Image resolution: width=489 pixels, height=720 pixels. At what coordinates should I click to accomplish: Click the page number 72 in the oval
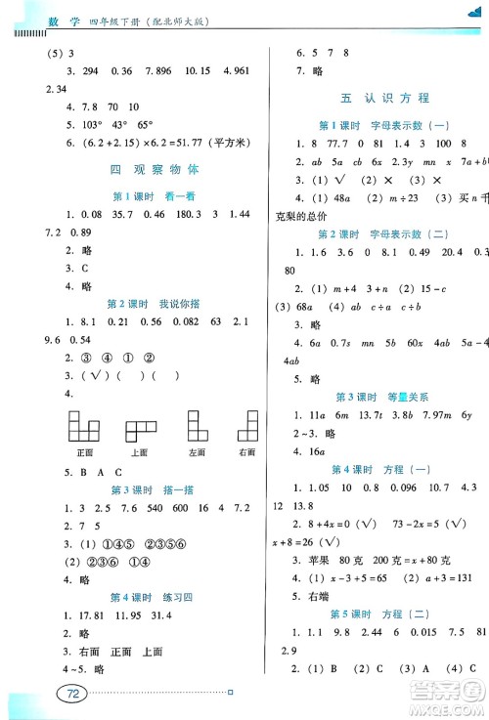click(x=70, y=694)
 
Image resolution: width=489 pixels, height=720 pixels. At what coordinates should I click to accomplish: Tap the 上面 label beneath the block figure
click(x=138, y=452)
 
